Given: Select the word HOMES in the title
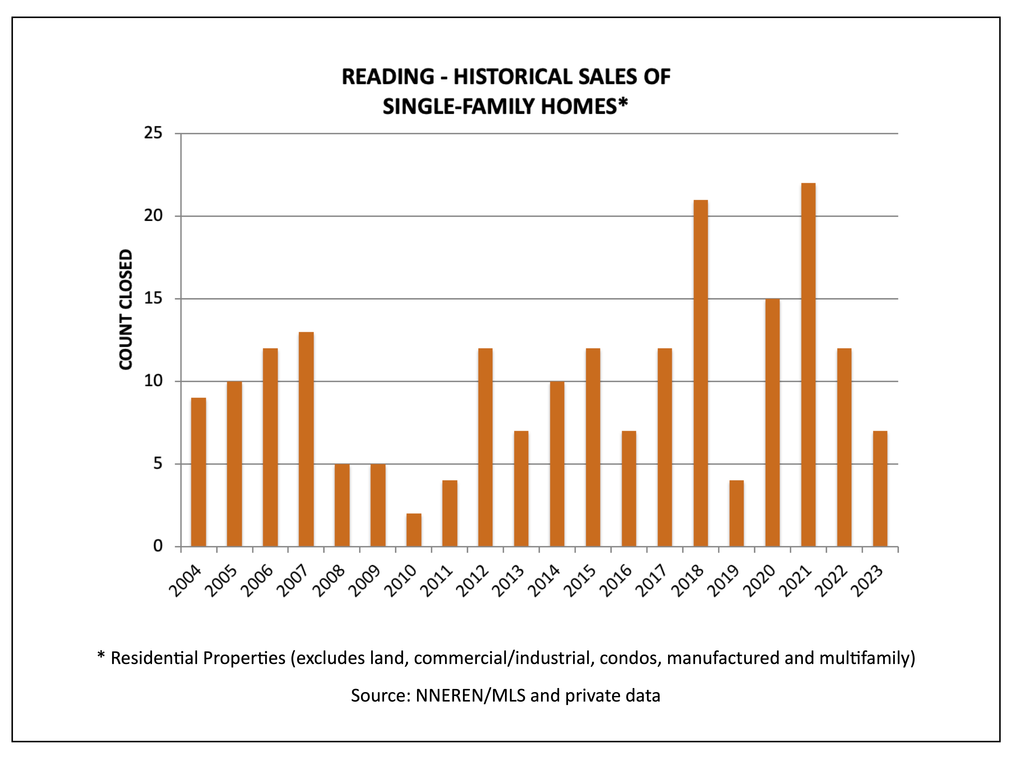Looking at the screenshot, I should point(579,107).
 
